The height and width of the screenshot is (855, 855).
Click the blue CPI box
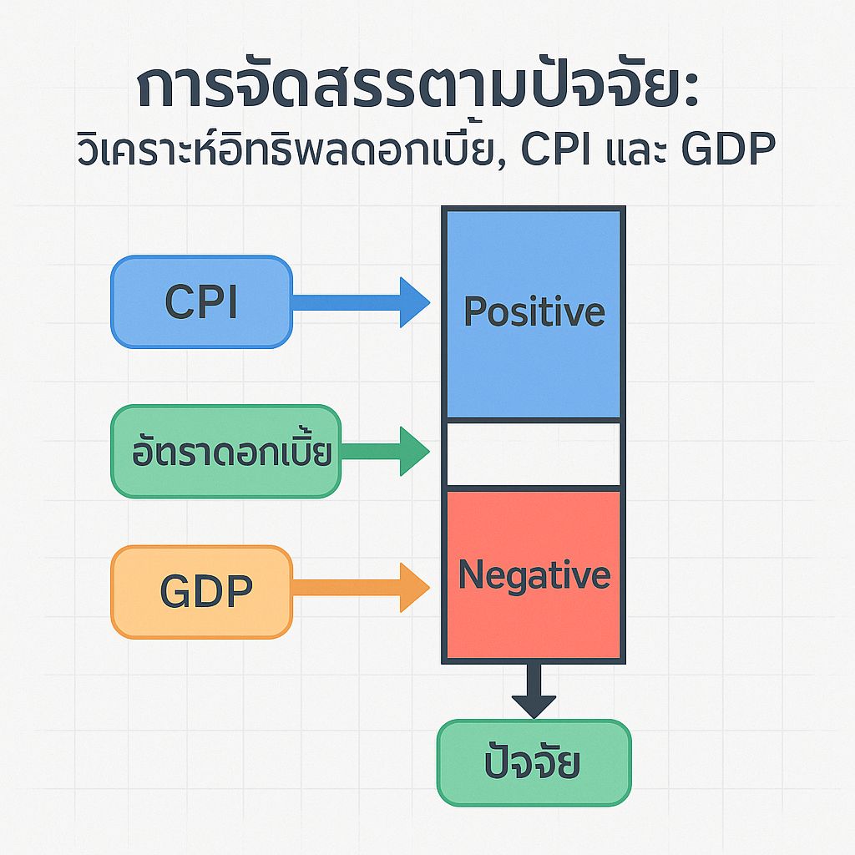201,301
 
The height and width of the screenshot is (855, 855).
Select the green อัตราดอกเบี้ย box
225,452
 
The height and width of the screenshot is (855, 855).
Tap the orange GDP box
201,591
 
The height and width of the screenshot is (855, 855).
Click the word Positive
534,311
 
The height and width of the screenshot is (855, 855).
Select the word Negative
534,575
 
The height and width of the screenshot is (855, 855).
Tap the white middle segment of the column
534,454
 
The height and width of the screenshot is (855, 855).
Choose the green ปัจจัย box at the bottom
534,763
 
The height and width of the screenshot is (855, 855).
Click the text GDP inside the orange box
205,591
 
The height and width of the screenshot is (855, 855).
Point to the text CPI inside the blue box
201,301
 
